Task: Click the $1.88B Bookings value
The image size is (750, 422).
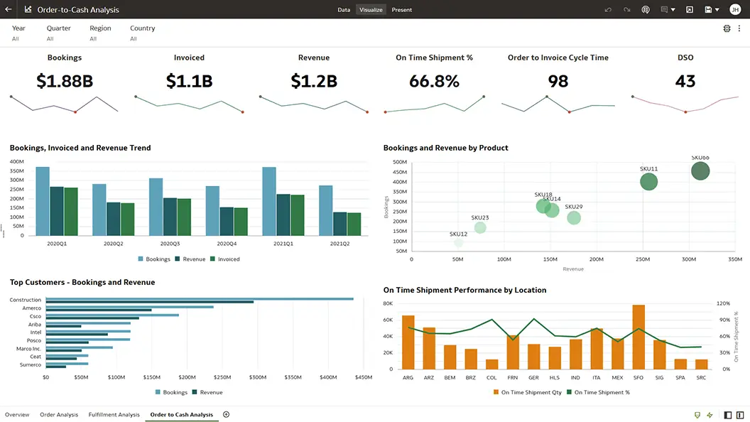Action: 65,81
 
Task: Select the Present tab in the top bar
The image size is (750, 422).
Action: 401,10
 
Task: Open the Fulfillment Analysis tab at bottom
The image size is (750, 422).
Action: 114,414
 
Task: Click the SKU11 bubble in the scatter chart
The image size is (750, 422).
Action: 648,182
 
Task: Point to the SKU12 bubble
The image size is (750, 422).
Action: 459,243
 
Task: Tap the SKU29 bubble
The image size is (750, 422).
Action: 574,217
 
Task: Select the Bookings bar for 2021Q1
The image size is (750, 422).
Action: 269,201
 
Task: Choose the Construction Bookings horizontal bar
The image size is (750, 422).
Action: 199,299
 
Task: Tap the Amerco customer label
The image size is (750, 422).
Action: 32,308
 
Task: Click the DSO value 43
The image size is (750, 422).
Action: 685,81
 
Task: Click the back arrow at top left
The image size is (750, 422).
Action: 8,10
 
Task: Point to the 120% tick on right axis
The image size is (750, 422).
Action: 722,303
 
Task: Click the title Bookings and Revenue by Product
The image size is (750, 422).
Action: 445,148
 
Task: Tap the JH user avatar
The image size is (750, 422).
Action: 734,10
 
